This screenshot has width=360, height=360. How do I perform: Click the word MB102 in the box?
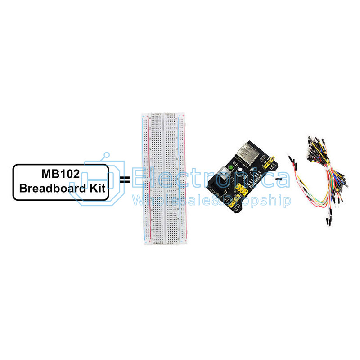(x=61, y=174)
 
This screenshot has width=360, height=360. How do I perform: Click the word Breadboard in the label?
(x=53, y=188)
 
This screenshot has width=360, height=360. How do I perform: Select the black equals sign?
(x=125, y=180)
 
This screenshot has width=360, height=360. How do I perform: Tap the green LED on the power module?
(x=230, y=169)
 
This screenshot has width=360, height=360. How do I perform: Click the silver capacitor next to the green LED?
(x=240, y=170)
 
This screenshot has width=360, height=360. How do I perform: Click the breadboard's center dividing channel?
(x=164, y=179)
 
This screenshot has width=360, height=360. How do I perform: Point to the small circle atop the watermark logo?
(x=106, y=154)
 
